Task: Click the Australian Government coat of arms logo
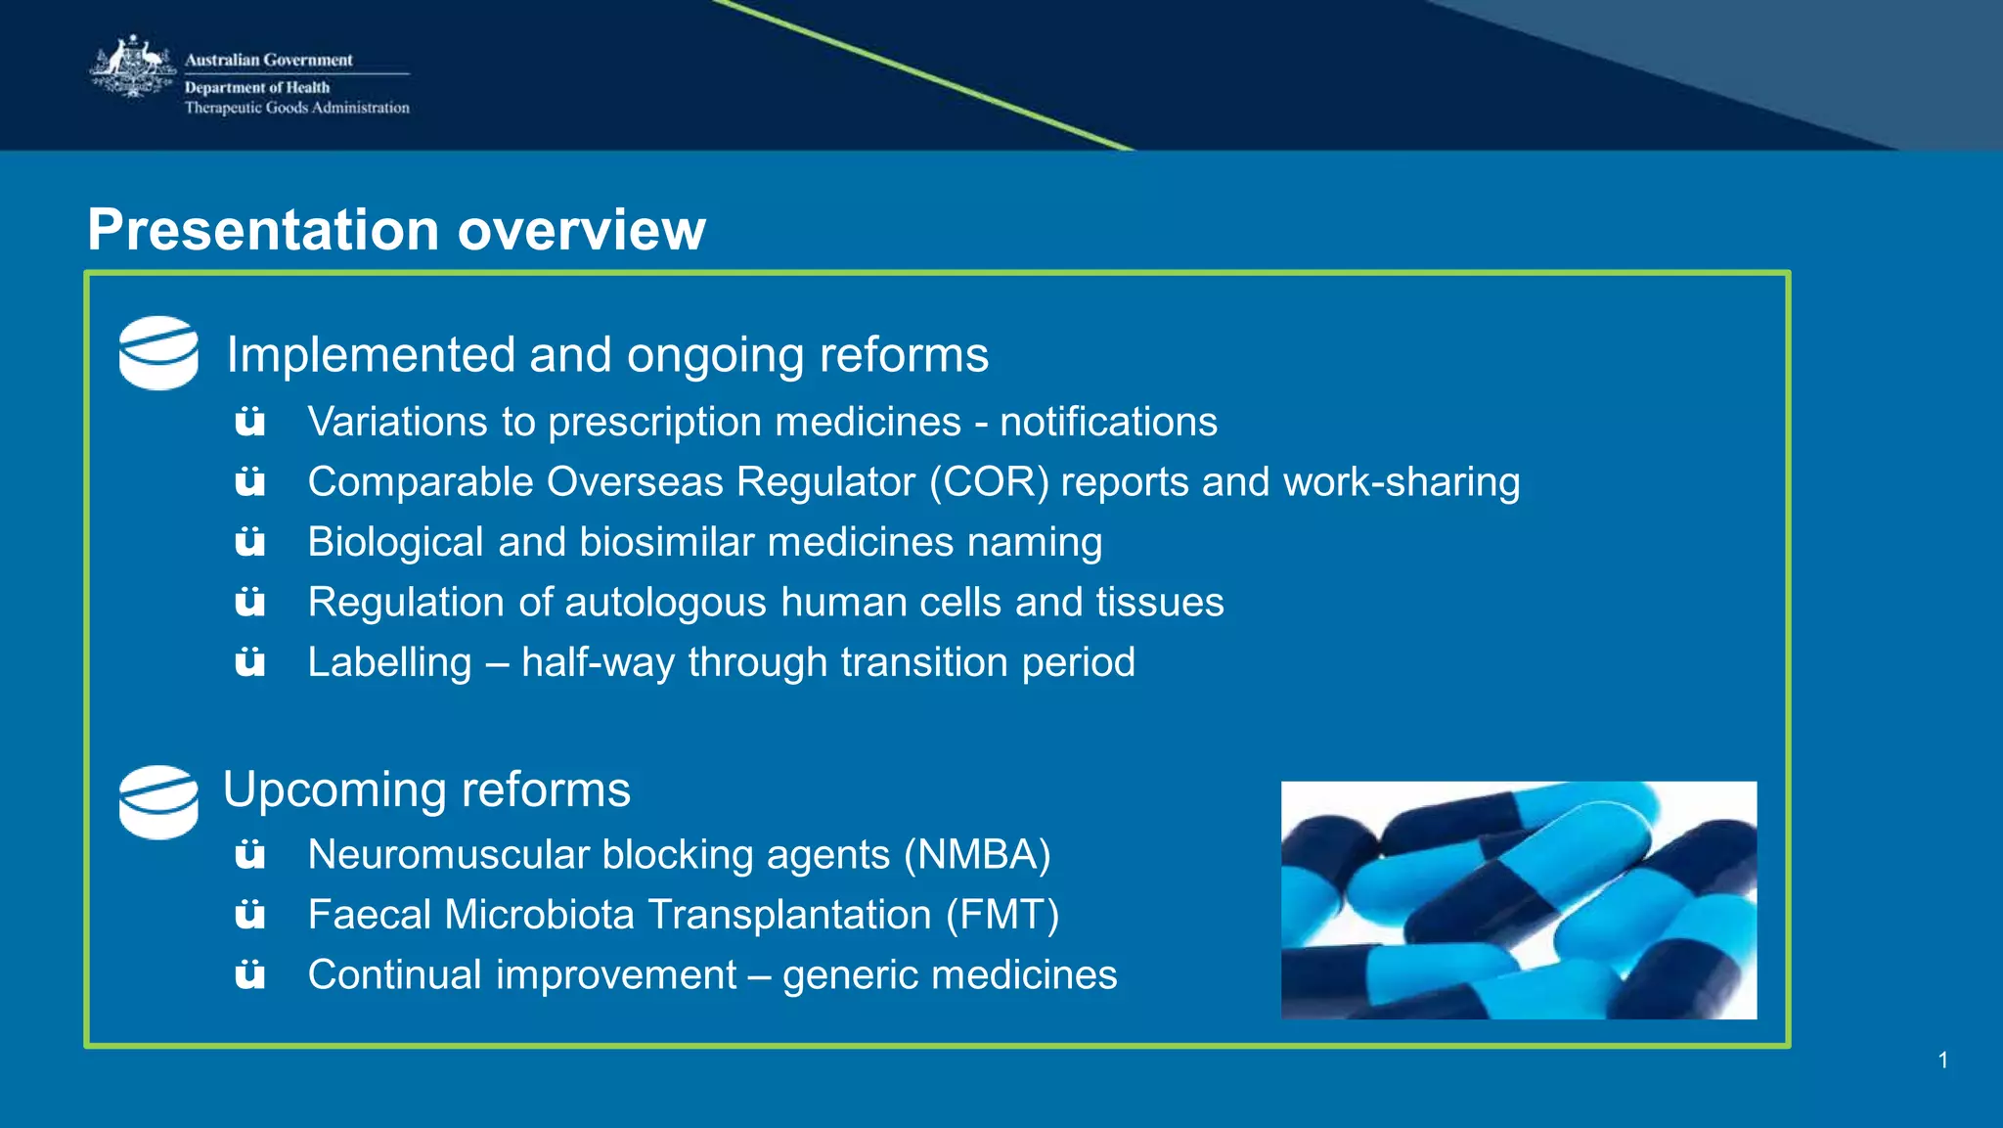click(132, 68)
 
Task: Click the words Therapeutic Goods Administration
click(296, 108)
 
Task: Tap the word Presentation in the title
click(263, 230)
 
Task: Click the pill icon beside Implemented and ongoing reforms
click(158, 352)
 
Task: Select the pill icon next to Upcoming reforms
click(158, 801)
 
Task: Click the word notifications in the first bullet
click(1108, 423)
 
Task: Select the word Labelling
click(389, 662)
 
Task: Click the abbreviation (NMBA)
click(976, 855)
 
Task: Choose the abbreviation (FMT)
click(1001, 916)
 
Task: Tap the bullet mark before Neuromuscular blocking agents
click(250, 855)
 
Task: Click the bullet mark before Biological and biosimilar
click(250, 542)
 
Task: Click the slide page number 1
click(1942, 1060)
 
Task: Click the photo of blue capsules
click(1518, 900)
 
